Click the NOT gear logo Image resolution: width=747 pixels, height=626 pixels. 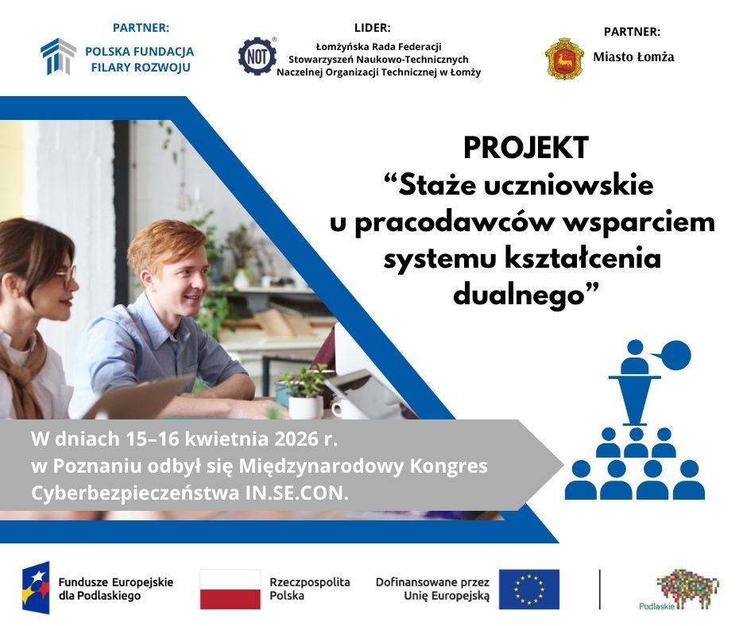point(257,56)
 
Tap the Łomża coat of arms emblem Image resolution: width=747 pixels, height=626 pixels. point(564,58)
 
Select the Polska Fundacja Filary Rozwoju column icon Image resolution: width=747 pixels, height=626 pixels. point(58,56)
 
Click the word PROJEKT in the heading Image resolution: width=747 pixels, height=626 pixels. point(526,148)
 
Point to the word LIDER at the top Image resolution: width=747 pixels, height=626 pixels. point(372,28)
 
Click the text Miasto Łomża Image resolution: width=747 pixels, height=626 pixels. point(633,57)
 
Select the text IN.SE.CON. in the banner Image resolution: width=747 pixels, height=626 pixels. point(297,493)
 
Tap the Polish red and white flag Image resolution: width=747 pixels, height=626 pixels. point(230,589)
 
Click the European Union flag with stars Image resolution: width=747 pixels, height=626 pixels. point(528,589)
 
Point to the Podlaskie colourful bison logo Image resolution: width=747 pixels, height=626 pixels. point(686,589)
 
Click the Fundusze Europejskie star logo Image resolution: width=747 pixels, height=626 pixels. point(36,587)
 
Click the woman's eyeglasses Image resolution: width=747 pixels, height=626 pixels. point(67,276)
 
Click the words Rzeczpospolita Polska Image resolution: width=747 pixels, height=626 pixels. point(310,589)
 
